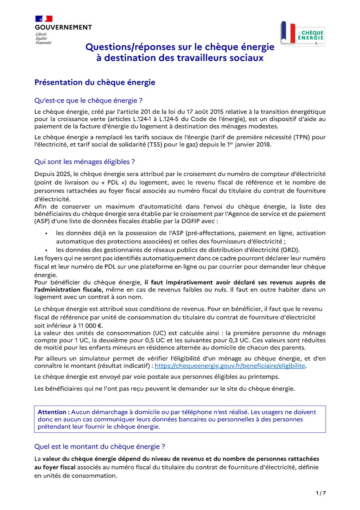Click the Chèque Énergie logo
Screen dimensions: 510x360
302,34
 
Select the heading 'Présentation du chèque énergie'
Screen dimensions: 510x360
94,82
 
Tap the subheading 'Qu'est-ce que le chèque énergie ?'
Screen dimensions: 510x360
88,100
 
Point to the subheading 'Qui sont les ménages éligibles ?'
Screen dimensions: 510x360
84,162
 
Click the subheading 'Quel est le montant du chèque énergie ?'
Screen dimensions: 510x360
100,446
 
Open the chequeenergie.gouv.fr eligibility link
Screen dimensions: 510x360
230,366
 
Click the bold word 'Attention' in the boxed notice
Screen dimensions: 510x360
54,412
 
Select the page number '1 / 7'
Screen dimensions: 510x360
320,493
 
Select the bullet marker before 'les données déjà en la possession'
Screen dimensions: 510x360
47,233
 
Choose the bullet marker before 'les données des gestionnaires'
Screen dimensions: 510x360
47,250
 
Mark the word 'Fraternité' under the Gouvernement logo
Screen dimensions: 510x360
43,42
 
